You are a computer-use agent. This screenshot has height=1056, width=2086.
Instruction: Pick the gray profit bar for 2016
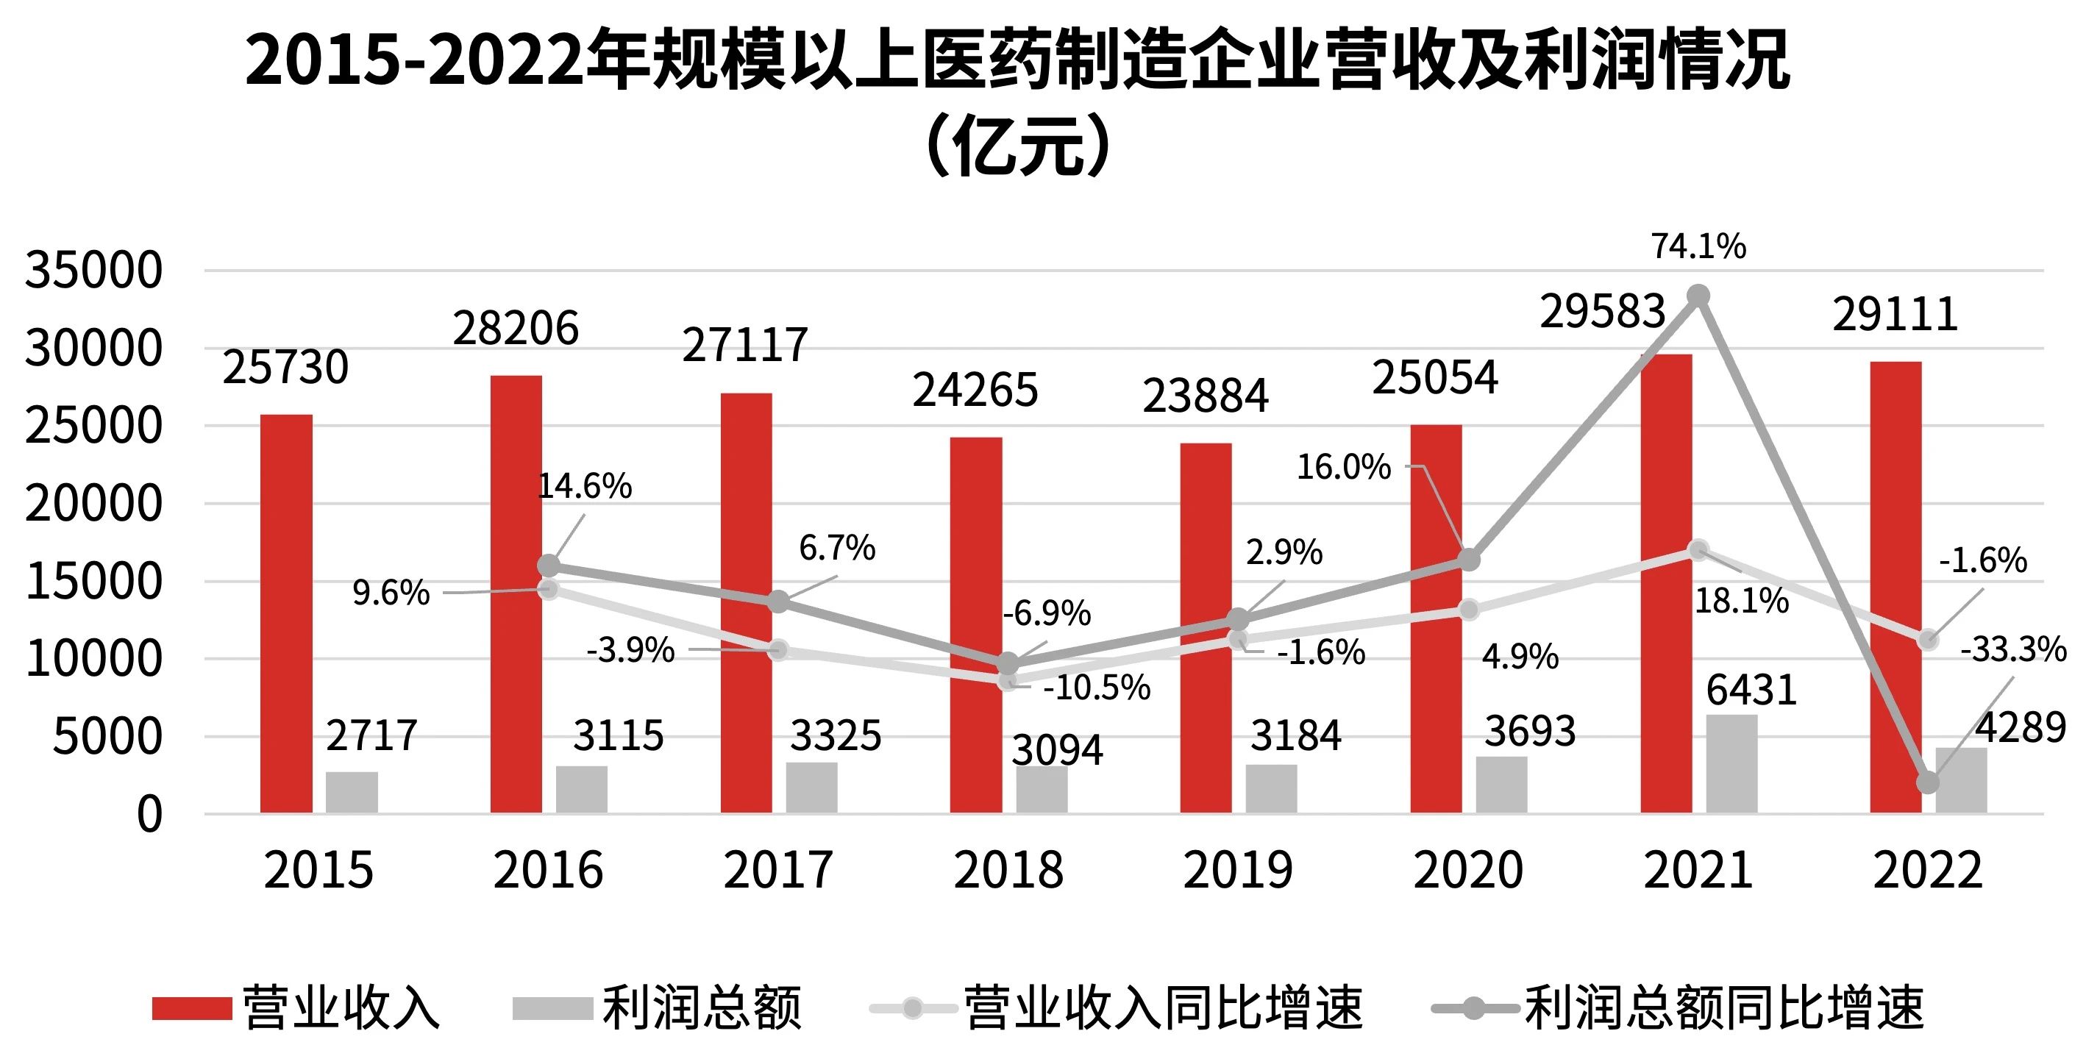click(581, 789)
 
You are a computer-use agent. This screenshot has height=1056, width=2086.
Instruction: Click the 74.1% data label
click(1698, 246)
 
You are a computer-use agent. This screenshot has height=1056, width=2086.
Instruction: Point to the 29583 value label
click(1602, 312)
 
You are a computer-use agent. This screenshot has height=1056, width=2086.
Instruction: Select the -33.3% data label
click(2013, 649)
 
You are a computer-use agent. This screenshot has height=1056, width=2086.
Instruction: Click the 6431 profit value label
click(1751, 691)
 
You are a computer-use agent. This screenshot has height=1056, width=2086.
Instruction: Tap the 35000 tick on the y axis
click(93, 271)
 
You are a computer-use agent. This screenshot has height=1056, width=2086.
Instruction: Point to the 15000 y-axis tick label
click(93, 582)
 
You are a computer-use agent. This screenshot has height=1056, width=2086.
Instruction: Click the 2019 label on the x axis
click(1238, 871)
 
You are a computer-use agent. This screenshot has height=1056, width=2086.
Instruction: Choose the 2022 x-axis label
click(1927, 871)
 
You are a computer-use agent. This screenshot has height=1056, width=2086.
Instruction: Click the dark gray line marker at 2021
click(1699, 296)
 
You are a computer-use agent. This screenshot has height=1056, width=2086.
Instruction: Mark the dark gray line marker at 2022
click(1928, 782)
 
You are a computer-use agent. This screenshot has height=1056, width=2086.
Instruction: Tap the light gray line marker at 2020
click(1469, 610)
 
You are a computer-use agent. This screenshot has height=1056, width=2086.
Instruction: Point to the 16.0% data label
click(1343, 467)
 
